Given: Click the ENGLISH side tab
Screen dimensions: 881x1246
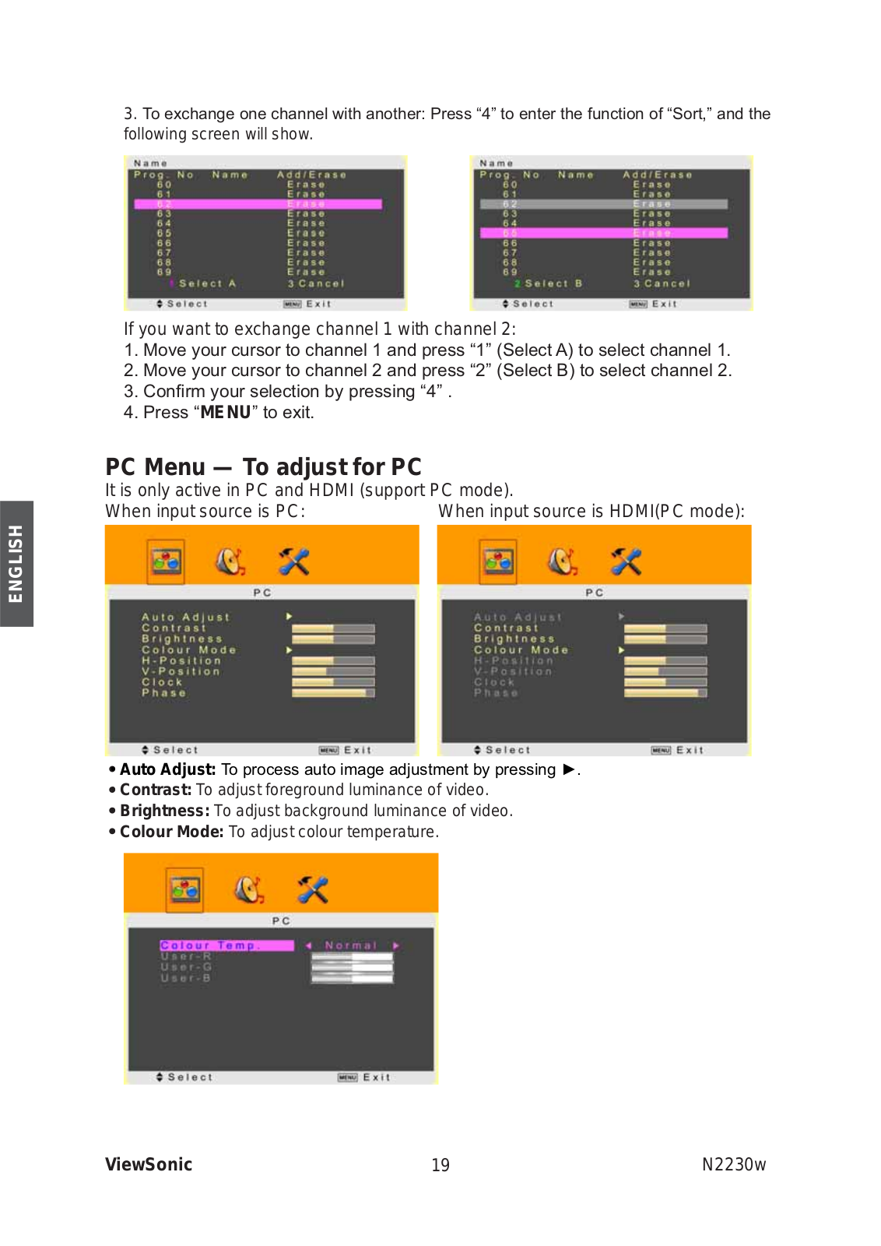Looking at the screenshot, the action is click(x=16, y=563).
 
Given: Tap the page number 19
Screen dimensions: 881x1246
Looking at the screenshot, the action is click(x=440, y=1165).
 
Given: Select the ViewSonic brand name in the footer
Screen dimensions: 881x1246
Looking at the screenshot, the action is click(x=149, y=1164).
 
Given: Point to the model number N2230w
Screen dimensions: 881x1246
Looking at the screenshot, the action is click(x=733, y=1164).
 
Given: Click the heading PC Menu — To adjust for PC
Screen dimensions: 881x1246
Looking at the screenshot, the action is click(x=263, y=466).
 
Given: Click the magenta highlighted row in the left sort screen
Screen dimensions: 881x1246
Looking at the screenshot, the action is click(x=258, y=204).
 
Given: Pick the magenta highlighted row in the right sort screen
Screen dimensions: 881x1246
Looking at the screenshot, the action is click(x=603, y=233).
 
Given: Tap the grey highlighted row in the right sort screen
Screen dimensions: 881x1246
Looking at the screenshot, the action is click(x=603, y=204).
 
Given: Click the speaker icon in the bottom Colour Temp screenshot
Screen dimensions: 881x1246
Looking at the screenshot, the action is click(x=249, y=889).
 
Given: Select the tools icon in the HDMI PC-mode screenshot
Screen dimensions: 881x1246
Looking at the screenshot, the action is click(x=626, y=561).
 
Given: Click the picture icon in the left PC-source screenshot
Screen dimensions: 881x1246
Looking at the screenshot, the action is click(x=166, y=561).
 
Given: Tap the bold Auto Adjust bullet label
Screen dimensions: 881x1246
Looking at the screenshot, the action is click(x=167, y=769).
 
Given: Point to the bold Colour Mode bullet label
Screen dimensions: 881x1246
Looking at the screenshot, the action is click(x=171, y=832).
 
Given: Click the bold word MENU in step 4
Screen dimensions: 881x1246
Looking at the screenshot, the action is click(x=226, y=412).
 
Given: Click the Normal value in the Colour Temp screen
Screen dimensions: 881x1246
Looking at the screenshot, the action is click(x=350, y=945).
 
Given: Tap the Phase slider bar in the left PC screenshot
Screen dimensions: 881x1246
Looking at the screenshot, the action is click(x=333, y=693).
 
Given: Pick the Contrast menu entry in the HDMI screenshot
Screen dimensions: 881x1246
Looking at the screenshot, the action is click(x=506, y=628).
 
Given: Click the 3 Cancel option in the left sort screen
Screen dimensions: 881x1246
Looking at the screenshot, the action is click(x=315, y=283).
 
